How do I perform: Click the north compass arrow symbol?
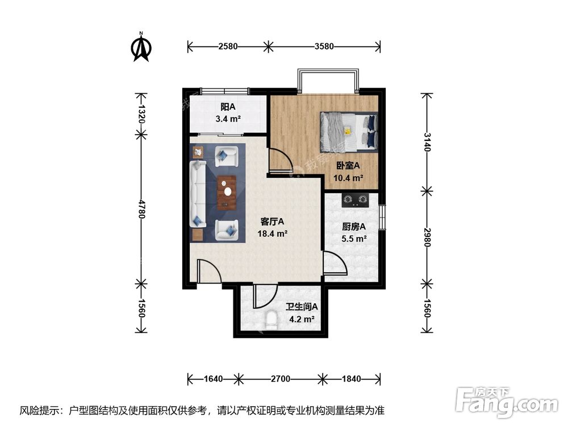140,48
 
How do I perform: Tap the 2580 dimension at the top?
227,46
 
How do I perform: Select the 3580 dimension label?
324,46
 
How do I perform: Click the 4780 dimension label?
142,208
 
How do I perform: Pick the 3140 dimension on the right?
428,141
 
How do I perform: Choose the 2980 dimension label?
428,235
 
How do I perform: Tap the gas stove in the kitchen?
354,199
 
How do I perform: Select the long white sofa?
198,193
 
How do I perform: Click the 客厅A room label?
272,222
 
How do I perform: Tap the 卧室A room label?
348,166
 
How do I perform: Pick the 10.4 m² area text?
348,177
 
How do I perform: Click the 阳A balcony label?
228,106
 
